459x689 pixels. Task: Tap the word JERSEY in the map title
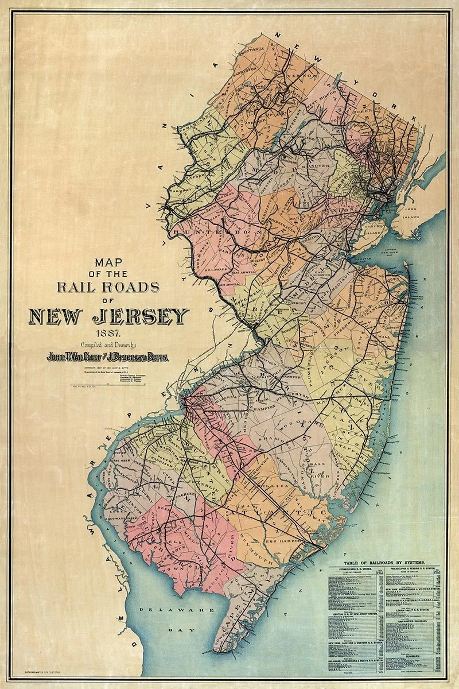(144, 316)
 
